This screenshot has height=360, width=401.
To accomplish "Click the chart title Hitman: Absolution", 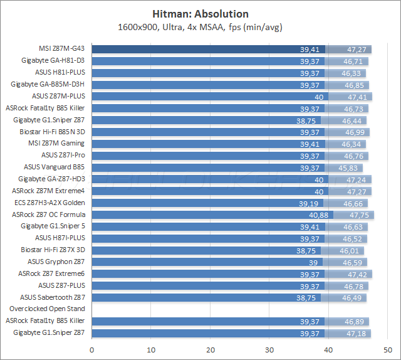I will pyautogui.click(x=200, y=13).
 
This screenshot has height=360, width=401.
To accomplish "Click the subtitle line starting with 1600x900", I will pyautogui.click(x=200, y=27).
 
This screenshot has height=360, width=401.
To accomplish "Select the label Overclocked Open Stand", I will pyautogui.click(x=46, y=309).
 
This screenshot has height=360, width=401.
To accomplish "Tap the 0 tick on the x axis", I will pyautogui.click(x=92, y=349).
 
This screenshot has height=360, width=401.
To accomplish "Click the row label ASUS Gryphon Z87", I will pyautogui.click(x=56, y=262).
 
